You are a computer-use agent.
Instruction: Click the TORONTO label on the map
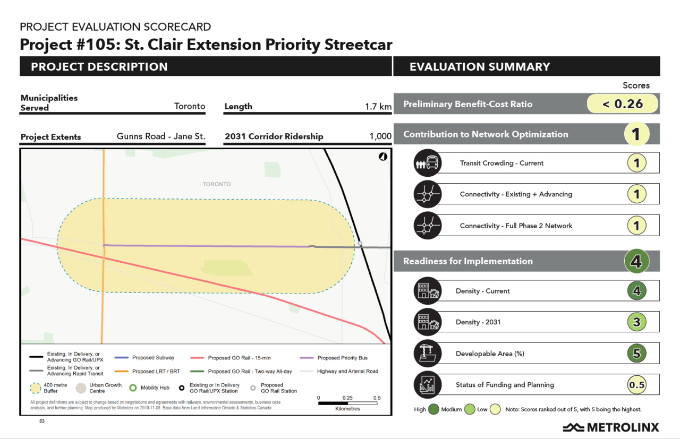(x=217, y=184)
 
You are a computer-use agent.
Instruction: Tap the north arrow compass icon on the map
(x=382, y=157)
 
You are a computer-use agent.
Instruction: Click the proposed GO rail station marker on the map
(x=360, y=244)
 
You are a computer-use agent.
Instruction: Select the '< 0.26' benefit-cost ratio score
(x=622, y=104)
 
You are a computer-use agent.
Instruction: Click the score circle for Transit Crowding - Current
(x=636, y=163)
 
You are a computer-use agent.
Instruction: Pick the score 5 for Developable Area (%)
(x=636, y=354)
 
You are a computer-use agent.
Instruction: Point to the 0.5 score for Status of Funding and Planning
(x=636, y=385)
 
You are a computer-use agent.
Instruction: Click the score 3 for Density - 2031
(x=636, y=322)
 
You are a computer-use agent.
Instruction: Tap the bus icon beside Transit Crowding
(x=427, y=163)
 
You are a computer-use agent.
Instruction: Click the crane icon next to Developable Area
(x=427, y=354)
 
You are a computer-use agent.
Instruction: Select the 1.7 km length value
(x=378, y=107)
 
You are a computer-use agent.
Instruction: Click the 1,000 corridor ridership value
(x=380, y=136)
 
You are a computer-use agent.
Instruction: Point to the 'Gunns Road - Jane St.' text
(x=161, y=136)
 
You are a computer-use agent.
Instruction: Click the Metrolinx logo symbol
(x=573, y=427)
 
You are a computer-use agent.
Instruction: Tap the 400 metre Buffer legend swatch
(x=35, y=388)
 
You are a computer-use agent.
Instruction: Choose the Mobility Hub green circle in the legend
(x=133, y=388)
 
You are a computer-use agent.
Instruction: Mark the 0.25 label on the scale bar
(x=347, y=398)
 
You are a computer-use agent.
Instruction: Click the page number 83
(x=42, y=421)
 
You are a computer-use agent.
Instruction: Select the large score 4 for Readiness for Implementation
(x=636, y=261)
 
